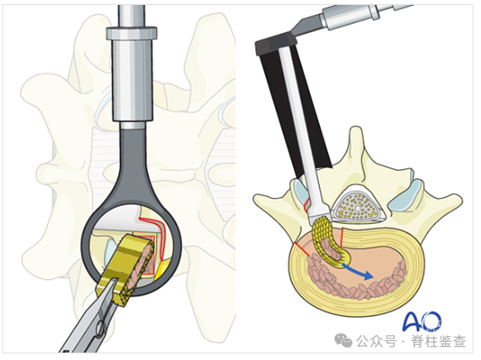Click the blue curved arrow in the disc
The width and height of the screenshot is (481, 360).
[x=358, y=271]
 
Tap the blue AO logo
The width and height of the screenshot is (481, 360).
[x=421, y=321]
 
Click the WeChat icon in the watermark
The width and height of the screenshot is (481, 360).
[x=343, y=341]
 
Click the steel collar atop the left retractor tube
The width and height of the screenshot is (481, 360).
[x=131, y=33]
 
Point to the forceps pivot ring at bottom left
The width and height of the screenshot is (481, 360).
[x=100, y=329]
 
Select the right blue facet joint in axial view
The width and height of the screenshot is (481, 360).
[x=406, y=197]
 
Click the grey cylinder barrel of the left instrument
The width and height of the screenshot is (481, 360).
[x=132, y=79]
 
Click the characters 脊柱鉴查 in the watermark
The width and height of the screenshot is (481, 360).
[x=438, y=342]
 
